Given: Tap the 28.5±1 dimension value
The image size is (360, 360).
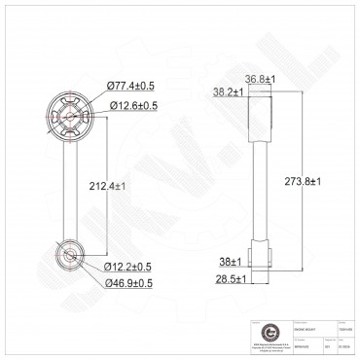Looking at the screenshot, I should point(233,278).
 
